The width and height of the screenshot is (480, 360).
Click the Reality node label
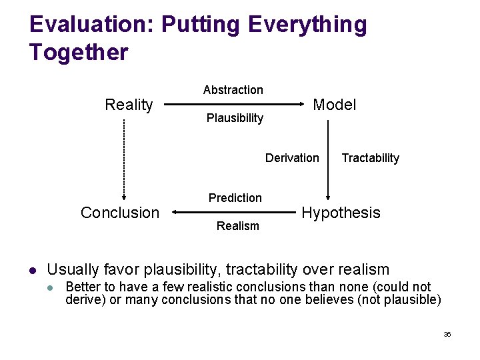pos(129,105)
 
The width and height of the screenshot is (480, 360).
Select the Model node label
pos(335,105)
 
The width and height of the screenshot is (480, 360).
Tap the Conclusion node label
pos(120,213)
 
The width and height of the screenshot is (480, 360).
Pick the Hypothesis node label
pos(341,213)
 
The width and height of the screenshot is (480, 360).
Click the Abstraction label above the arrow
pos(233,90)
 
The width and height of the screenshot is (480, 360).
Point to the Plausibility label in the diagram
pos(235,118)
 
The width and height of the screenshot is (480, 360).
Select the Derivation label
pos(292,158)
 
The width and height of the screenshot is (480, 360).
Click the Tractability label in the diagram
pos(370,158)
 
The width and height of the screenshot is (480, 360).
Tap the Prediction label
pos(235,198)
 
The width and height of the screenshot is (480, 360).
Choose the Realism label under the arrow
pos(238,226)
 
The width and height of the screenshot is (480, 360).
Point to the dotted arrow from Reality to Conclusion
pos(124,160)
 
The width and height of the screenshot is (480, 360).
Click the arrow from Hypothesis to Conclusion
pos(233,213)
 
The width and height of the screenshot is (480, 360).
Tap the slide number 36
pos(447,334)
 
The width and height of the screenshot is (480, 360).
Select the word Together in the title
pos(79,52)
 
